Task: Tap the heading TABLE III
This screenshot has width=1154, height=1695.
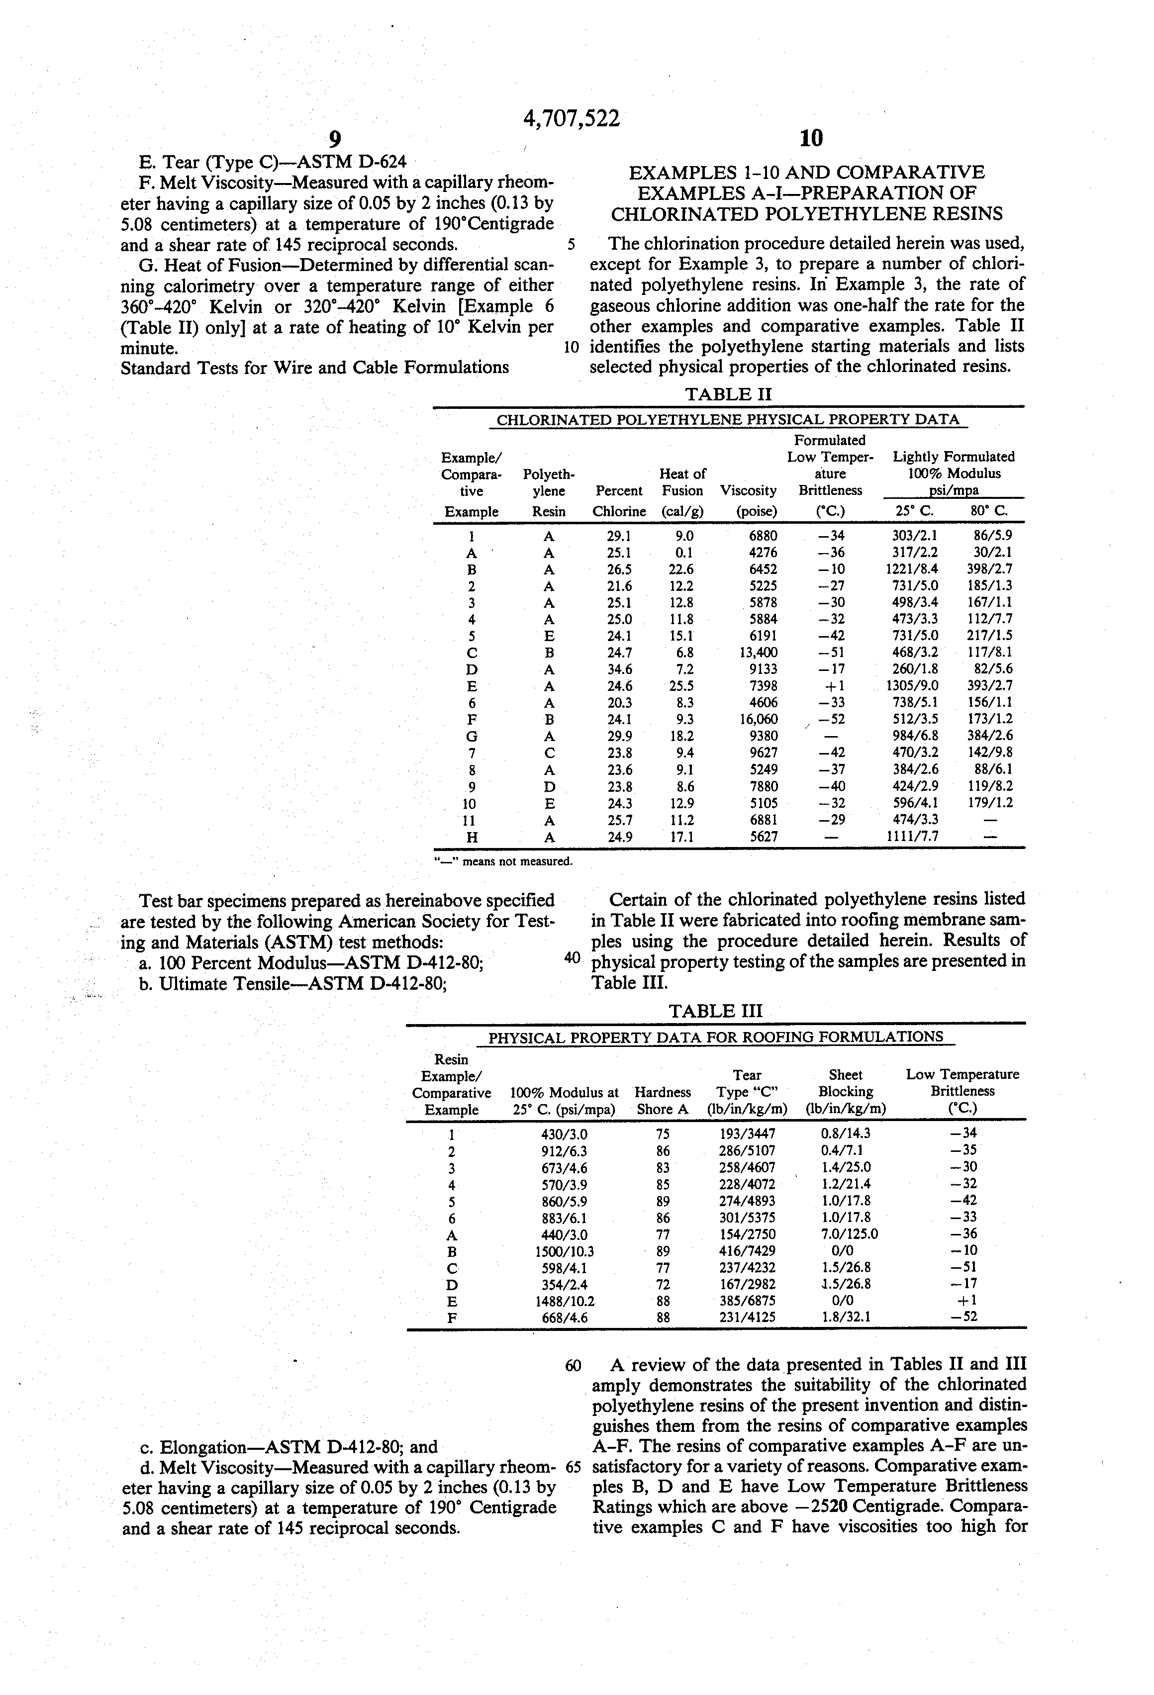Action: (x=715, y=1011)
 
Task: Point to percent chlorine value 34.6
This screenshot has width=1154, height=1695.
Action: (x=619, y=669)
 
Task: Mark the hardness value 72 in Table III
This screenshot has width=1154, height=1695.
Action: (x=663, y=1284)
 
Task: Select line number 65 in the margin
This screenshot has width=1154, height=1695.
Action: (x=572, y=1466)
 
